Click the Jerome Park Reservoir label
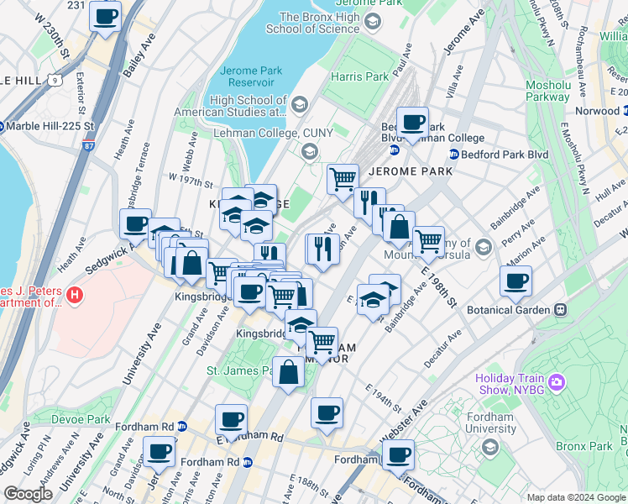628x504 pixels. (x=249, y=76)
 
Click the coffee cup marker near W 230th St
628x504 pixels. (x=106, y=17)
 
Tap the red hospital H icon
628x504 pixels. (x=75, y=295)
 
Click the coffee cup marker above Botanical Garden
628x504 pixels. (x=516, y=281)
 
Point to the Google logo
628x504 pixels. (x=29, y=493)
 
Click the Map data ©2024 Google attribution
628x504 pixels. (x=575, y=497)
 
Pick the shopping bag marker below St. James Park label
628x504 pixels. (x=288, y=373)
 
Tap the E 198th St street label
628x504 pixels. (x=443, y=283)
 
